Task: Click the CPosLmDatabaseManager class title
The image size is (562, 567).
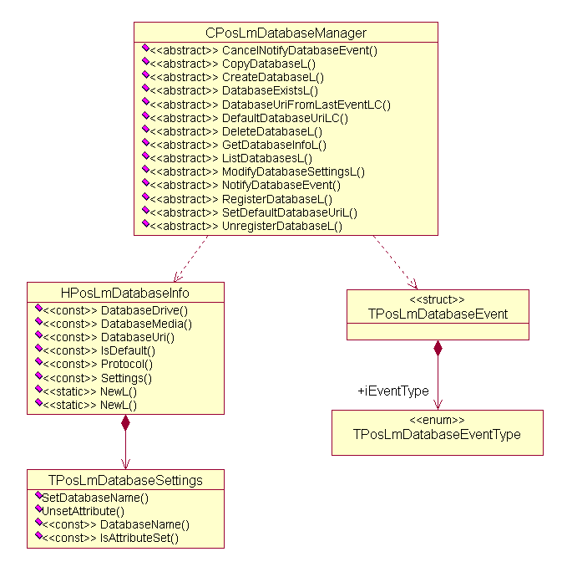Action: [x=286, y=33]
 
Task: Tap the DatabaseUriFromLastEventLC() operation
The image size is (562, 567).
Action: [x=306, y=105]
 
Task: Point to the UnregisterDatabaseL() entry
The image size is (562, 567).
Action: [x=281, y=226]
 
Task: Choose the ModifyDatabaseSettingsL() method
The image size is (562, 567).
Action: [x=293, y=171]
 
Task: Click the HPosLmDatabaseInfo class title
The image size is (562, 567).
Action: [x=125, y=293]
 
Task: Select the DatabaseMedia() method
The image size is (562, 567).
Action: [x=146, y=324]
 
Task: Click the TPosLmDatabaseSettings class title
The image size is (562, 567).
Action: [x=125, y=480]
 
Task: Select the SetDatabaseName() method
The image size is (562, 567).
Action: [x=95, y=498]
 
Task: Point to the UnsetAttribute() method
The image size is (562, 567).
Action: [x=83, y=511]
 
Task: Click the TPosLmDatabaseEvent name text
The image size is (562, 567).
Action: [x=438, y=314]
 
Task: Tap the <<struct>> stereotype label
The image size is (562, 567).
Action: [x=438, y=299]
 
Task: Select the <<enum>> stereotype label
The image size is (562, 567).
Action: [x=437, y=419]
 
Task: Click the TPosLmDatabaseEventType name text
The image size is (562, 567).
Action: [x=437, y=434]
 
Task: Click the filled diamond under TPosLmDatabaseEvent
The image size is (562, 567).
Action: [x=438, y=348]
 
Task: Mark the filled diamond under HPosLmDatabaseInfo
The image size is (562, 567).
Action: [x=125, y=422]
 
